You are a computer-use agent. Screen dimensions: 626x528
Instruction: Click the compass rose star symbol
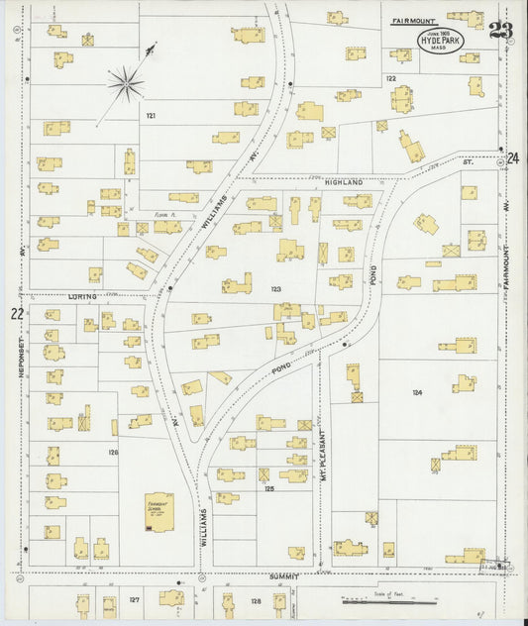pyautogui.click(x=125, y=83)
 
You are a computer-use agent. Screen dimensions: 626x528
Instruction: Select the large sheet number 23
pyautogui.click(x=500, y=31)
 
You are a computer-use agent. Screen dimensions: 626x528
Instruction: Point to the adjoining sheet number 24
pyautogui.click(x=512, y=158)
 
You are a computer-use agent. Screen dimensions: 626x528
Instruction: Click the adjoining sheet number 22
pyautogui.click(x=16, y=314)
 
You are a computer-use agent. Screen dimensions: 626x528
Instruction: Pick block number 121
pyautogui.click(x=152, y=116)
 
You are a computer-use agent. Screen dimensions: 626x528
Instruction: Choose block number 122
pyautogui.click(x=391, y=78)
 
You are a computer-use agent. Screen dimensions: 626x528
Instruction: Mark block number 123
pyautogui.click(x=275, y=289)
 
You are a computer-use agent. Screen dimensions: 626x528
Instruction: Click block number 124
pyautogui.click(x=417, y=392)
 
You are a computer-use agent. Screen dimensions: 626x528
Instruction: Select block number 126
pyautogui.click(x=113, y=452)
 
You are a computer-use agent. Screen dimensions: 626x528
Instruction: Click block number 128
pyautogui.click(x=255, y=600)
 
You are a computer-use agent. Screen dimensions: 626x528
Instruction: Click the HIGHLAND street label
pyautogui.click(x=338, y=182)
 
